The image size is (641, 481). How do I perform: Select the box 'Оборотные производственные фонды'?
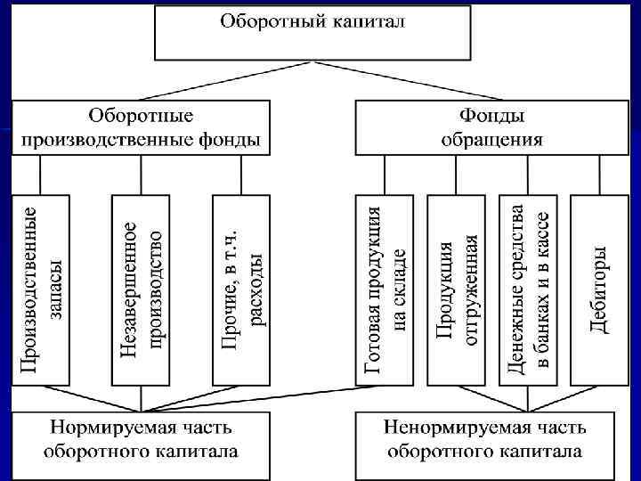pyautogui.click(x=142, y=127)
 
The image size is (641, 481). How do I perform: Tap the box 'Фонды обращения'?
pyautogui.click(x=491, y=127)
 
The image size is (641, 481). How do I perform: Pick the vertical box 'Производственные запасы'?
pyautogui.click(x=42, y=289)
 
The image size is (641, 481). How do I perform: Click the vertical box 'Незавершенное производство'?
pyautogui.click(x=142, y=289)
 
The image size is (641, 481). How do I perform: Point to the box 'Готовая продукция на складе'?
pyautogui.click(x=386, y=289)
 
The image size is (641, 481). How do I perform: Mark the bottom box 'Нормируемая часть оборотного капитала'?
pyautogui.click(x=142, y=441)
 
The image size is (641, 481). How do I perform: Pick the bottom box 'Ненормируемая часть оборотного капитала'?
pyautogui.click(x=486, y=441)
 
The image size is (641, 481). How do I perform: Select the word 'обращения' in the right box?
pyautogui.click(x=491, y=140)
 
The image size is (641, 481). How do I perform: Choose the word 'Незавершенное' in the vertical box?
pyautogui.click(x=130, y=289)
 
